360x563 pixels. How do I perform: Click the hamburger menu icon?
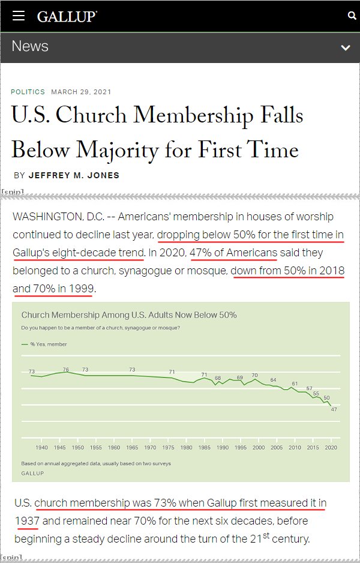tap(19, 16)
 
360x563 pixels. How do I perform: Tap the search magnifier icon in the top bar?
tap(352, 16)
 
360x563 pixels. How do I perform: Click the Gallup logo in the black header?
tap(67, 16)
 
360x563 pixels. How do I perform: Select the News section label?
tap(30, 46)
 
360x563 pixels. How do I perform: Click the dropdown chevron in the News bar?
tap(345, 47)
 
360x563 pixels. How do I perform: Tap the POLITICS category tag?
tap(28, 92)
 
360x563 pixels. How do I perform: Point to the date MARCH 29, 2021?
tap(81, 92)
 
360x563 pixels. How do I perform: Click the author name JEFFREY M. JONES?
tap(74, 175)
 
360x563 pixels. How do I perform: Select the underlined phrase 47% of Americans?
tap(233, 253)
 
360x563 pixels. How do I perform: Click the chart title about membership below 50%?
tap(129, 315)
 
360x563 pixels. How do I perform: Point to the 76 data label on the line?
tap(66, 369)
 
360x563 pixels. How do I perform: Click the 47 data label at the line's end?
tap(334, 409)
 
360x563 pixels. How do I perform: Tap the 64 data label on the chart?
tap(273, 380)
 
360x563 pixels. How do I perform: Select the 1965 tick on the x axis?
tap(132, 448)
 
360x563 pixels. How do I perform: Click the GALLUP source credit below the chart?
tap(33, 472)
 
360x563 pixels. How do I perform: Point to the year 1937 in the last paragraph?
tap(26, 520)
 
